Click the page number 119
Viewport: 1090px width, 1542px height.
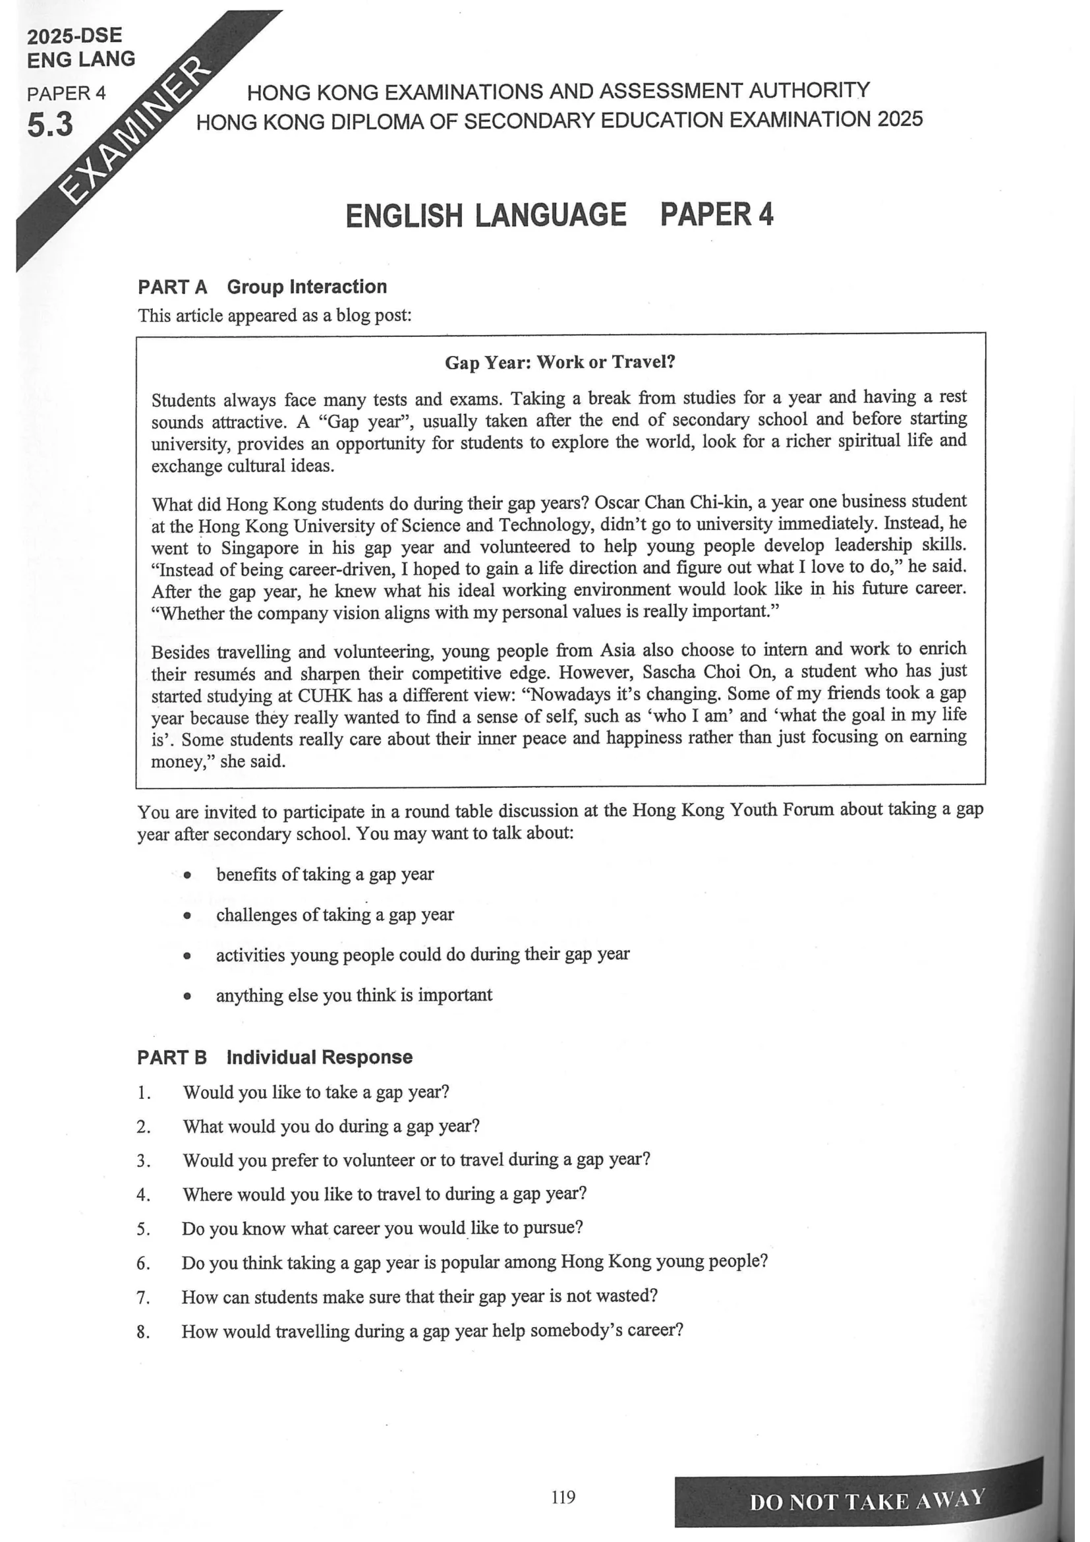coord(563,1497)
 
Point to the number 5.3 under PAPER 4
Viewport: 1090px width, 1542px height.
coord(50,125)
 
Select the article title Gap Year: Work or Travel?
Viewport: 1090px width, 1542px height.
coord(559,363)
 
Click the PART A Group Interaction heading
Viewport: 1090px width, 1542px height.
coord(262,287)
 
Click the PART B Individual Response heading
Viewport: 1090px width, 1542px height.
coord(275,1057)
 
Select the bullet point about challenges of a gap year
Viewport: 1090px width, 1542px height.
coord(334,915)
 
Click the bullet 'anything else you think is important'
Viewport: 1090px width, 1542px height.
coord(354,995)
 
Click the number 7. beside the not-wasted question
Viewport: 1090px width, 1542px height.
coord(144,1297)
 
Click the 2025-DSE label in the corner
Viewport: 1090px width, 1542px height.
coord(74,36)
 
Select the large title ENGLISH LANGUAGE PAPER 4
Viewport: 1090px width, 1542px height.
coord(559,216)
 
